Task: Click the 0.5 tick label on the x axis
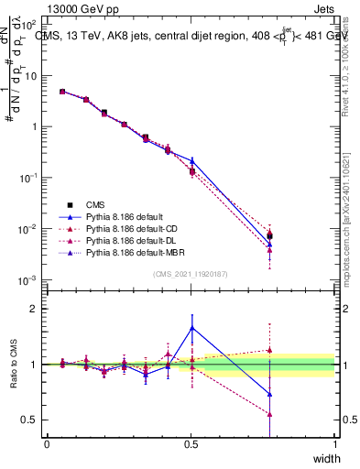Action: (191, 444)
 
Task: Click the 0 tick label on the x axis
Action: (47, 444)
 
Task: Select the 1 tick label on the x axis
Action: (334, 444)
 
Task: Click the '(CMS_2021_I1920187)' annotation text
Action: (191, 274)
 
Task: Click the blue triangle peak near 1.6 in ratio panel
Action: (191, 327)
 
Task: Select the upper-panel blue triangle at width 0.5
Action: (191, 160)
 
